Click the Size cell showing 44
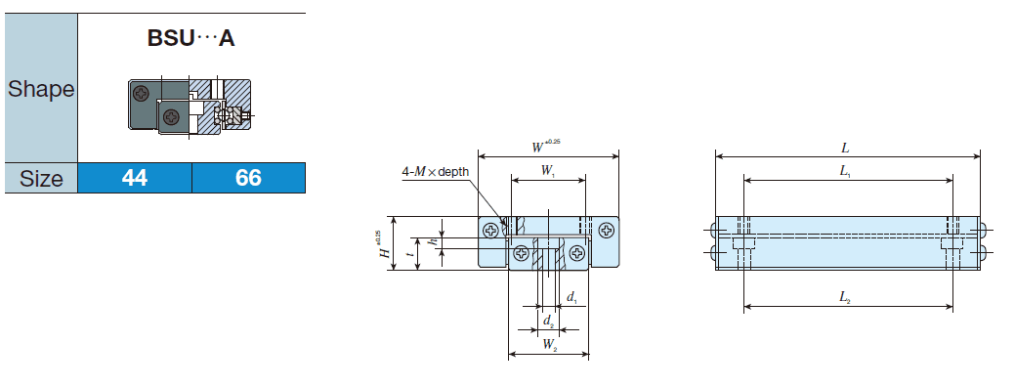(x=134, y=179)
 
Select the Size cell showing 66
(x=248, y=179)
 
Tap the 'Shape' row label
(x=41, y=90)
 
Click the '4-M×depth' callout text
(x=436, y=172)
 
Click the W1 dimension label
(x=548, y=170)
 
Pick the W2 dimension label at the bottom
(x=549, y=344)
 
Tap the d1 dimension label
(x=571, y=296)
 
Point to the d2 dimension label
(x=549, y=320)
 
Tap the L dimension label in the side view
(x=845, y=149)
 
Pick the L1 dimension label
(x=845, y=171)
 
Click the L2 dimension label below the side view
(x=845, y=297)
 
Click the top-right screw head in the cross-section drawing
(x=608, y=231)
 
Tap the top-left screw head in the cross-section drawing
(x=489, y=231)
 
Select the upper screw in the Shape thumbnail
(x=144, y=94)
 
